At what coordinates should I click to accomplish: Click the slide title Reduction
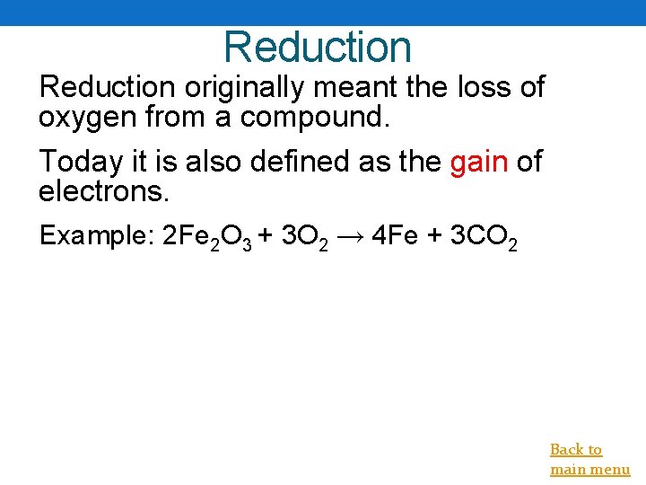point(318,47)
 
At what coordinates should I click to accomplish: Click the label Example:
point(95,236)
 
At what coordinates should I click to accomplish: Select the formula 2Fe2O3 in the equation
point(205,238)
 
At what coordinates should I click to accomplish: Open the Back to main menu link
point(589,459)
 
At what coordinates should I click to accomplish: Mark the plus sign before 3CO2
point(434,236)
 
